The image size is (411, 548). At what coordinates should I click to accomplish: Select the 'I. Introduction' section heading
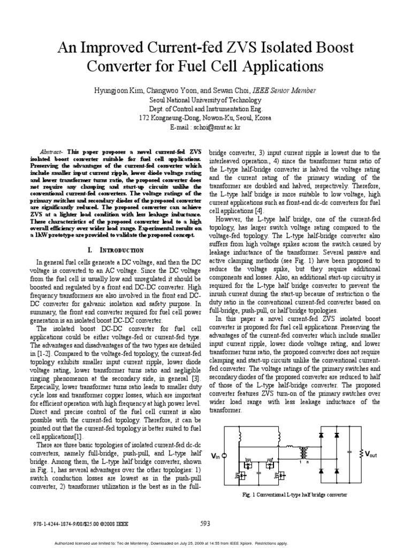pyautogui.click(x=115, y=250)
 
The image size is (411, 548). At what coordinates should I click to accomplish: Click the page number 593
pyautogui.click(x=205, y=523)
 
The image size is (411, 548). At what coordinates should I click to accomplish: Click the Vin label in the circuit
pyautogui.click(x=215, y=455)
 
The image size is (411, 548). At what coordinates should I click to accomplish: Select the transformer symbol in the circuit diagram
pyautogui.click(x=306, y=453)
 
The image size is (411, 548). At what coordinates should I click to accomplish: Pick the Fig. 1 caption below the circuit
pyautogui.click(x=295, y=495)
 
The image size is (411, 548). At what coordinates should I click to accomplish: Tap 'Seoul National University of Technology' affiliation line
pyautogui.click(x=205, y=100)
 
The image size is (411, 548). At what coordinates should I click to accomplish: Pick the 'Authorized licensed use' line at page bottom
pyautogui.click(x=205, y=542)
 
